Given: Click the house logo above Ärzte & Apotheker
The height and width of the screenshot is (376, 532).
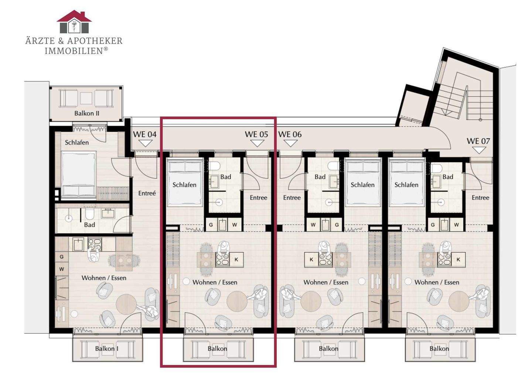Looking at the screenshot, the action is (74, 21).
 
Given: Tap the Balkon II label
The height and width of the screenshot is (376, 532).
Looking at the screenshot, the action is (87, 113).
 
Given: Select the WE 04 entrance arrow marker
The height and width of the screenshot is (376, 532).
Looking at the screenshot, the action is (145, 143).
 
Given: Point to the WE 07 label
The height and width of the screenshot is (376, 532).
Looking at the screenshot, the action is (478, 141).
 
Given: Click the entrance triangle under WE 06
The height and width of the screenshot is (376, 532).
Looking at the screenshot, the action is (290, 143).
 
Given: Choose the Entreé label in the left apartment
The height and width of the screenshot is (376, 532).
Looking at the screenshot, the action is (147, 193).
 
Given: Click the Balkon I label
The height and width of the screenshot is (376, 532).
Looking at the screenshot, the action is (107, 349).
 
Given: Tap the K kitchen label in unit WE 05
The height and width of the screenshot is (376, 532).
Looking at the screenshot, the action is (236, 260).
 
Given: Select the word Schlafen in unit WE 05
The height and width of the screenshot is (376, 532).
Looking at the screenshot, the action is (185, 185).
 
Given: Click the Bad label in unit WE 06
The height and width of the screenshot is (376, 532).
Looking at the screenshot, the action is (320, 177).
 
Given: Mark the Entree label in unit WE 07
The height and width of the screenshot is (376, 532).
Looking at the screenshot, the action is (480, 198).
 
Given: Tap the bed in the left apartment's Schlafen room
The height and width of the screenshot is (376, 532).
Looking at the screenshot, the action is (79, 175).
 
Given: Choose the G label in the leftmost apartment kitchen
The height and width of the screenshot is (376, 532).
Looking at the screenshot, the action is (62, 257).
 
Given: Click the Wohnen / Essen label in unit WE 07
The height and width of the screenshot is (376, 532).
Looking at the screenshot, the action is (437, 283).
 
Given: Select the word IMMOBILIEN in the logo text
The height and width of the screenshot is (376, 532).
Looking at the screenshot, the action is (74, 51).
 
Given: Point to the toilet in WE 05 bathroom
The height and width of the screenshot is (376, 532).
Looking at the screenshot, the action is (214, 165).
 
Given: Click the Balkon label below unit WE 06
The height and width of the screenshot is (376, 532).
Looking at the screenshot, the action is (329, 349).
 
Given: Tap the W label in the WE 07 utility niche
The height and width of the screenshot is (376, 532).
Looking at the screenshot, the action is (456, 225).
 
